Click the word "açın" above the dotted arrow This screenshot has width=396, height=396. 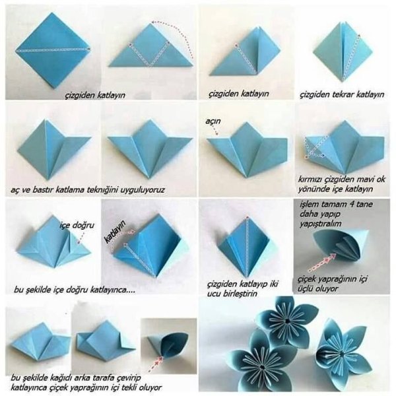tap(213, 121)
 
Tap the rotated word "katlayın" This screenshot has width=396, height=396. tap(115, 232)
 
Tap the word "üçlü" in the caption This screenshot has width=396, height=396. tap(306, 288)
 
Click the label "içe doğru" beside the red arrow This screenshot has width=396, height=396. tap(77, 225)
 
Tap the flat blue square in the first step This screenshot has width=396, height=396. tap(53, 50)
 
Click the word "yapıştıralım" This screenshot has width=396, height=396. tap(320, 224)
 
